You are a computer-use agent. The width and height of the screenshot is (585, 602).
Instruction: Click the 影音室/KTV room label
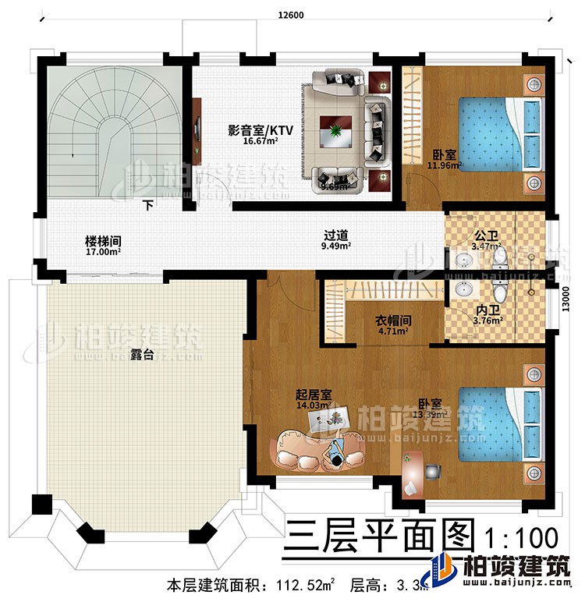click(250, 131)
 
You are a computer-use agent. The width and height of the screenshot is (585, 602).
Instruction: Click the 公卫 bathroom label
click(486, 234)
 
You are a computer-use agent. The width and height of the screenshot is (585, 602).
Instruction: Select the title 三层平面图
click(380, 537)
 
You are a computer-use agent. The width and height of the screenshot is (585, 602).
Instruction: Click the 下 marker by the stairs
click(147, 207)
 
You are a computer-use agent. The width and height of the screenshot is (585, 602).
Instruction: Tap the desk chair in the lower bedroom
click(432, 472)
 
